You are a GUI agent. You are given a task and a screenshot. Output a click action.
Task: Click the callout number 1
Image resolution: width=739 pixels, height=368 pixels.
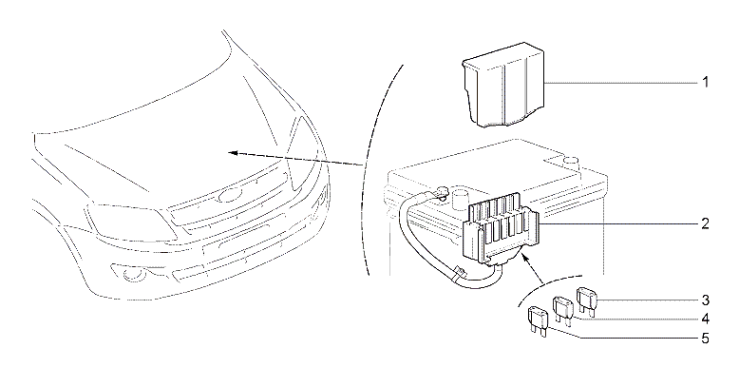coord(705,83)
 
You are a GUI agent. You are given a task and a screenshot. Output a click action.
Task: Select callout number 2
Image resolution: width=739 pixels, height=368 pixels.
coord(705,223)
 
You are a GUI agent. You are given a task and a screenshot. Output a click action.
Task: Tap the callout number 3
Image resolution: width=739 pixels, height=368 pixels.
coord(705,300)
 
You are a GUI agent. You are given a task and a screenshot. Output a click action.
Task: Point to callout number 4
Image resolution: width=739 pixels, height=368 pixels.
coord(705,319)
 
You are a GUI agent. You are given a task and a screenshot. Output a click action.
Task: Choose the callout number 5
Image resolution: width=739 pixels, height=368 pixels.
coord(705,339)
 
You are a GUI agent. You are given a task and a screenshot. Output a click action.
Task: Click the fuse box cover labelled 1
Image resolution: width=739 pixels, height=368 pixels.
coord(502,85)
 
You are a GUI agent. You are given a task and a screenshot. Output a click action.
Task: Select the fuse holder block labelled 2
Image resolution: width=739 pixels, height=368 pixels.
coord(500,230)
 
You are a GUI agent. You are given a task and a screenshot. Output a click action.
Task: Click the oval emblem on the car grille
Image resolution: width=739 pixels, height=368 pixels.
coord(229,195)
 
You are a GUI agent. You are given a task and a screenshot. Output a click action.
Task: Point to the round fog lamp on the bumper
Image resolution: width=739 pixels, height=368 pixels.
coord(128,275)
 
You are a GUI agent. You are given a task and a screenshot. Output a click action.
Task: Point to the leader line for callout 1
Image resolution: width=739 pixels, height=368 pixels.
coord(621,83)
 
